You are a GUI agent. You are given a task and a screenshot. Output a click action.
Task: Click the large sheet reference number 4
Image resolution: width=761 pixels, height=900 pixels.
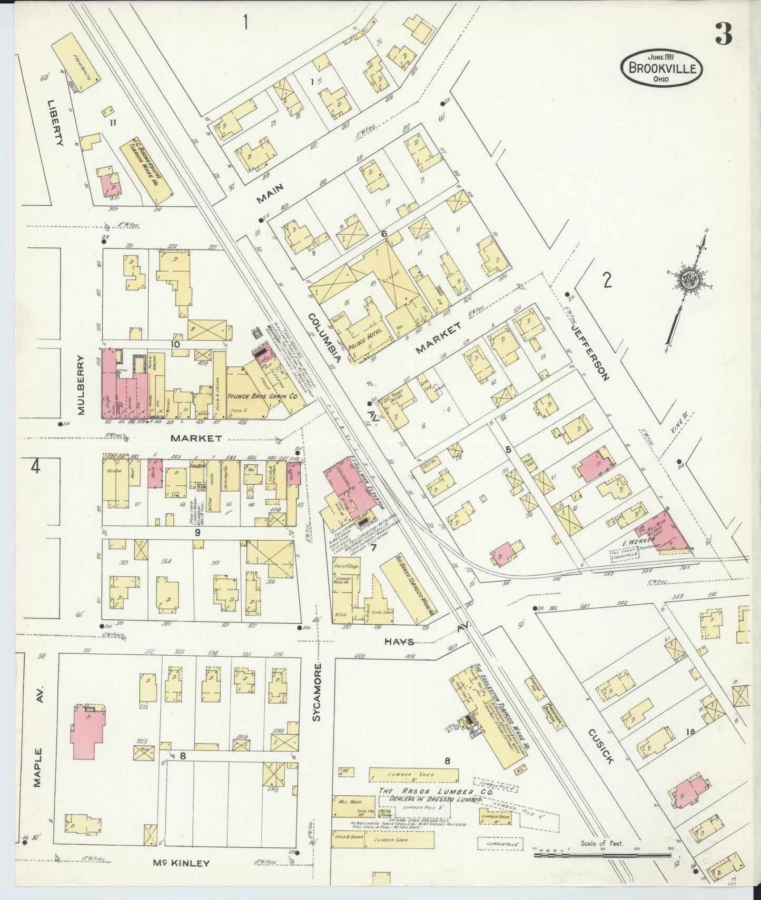point(35,466)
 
